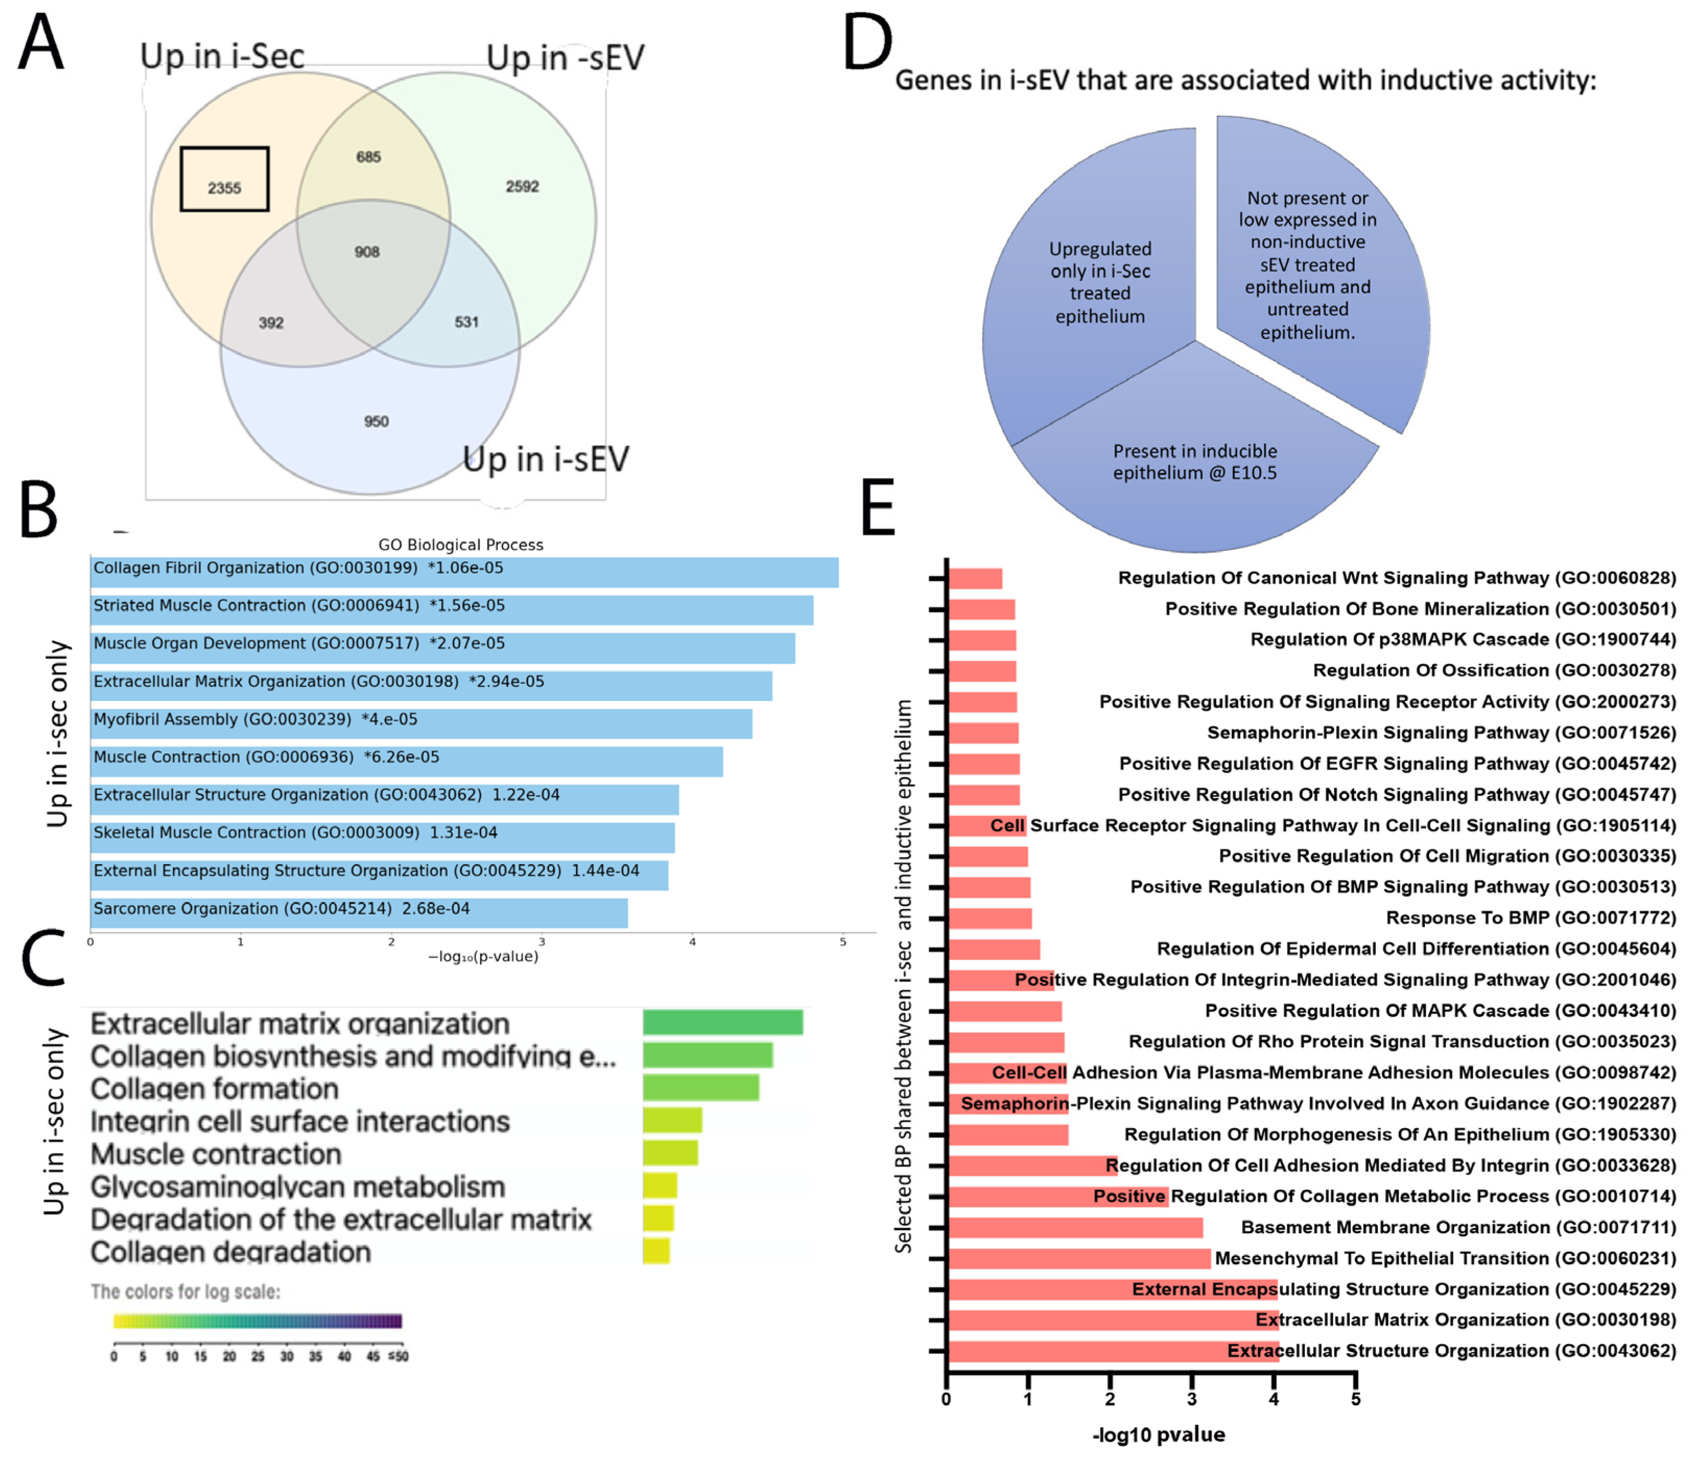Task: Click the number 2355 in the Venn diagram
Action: [224, 188]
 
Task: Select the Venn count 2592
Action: [522, 186]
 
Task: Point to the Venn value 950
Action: [376, 421]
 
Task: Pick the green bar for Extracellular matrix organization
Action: [722, 1022]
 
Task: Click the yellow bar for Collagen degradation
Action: [656, 1251]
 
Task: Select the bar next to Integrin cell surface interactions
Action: [671, 1120]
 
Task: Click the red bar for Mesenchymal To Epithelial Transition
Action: [1078, 1258]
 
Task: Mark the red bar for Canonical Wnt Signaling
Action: [975, 578]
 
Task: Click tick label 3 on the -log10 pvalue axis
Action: [1192, 1399]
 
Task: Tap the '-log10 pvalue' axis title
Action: [1158, 1434]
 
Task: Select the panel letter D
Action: [867, 42]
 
